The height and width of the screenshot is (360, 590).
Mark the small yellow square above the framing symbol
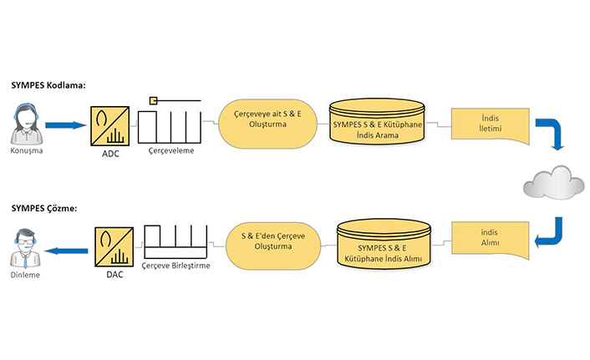click(153, 101)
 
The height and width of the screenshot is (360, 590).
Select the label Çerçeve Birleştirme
click(175, 265)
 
